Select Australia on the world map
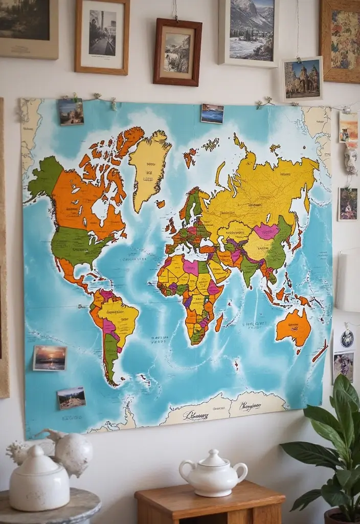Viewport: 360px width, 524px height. click(x=294, y=327)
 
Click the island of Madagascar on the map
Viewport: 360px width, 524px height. click(x=219, y=322)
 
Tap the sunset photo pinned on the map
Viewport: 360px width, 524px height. click(x=50, y=358)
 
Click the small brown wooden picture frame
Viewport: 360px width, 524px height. click(x=177, y=52)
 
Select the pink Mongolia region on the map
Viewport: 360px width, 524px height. click(x=266, y=231)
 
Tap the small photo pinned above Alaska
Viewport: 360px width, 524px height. click(x=71, y=112)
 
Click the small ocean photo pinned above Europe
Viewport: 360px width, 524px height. click(x=212, y=114)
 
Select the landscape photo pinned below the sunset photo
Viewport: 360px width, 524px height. click(x=71, y=398)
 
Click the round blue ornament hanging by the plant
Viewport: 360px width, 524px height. click(x=347, y=338)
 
